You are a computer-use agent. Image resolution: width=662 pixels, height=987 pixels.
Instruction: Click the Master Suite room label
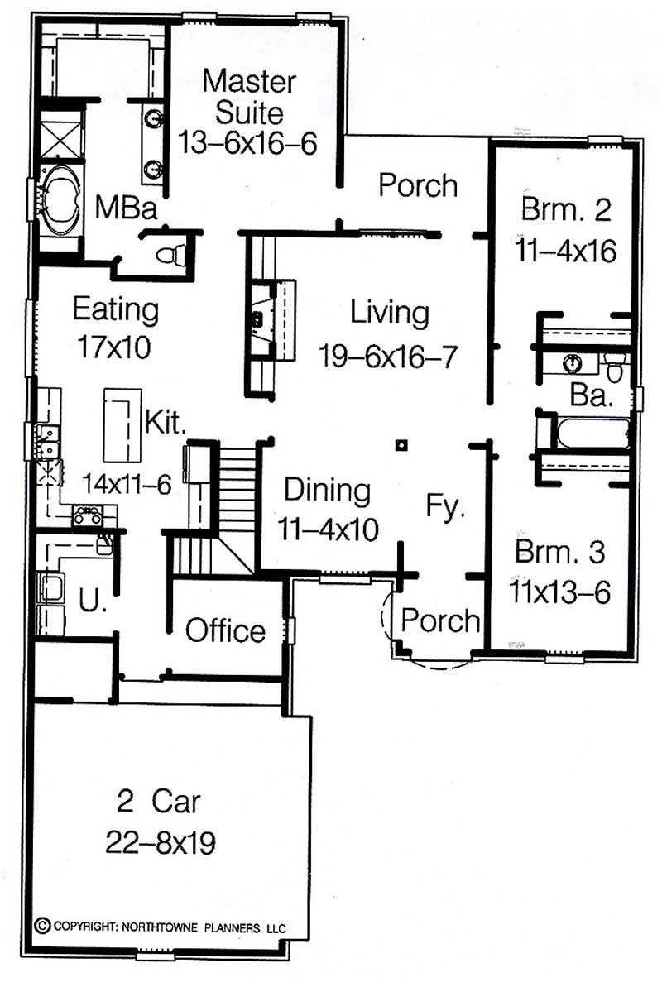point(249,96)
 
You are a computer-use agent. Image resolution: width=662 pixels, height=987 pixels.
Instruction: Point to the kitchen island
point(122,424)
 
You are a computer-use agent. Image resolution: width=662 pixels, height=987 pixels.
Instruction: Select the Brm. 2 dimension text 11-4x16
point(568,250)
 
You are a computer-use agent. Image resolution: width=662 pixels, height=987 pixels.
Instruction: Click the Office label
point(225,631)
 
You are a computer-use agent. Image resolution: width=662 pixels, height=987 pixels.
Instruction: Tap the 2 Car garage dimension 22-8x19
point(161,843)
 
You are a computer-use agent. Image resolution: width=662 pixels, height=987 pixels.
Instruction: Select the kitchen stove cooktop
point(87,515)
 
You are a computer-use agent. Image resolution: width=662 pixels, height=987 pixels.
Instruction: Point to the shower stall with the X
point(62,132)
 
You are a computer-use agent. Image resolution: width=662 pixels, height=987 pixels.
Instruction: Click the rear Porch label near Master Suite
point(418,185)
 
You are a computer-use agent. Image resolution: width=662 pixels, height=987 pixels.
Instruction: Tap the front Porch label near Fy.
point(441,620)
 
